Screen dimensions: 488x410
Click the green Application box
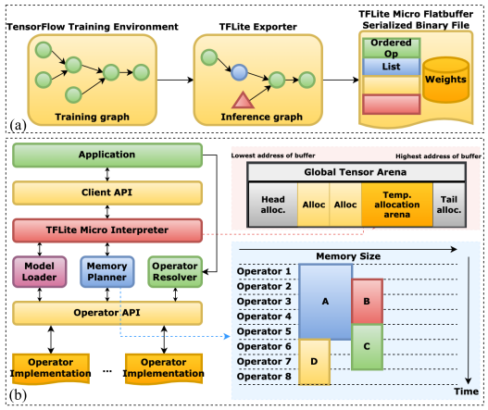107,155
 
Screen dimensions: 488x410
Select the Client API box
107,193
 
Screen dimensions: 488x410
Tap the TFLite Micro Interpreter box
107,230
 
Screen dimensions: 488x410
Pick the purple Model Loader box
40,271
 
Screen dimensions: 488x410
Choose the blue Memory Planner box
107,271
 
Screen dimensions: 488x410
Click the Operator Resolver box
175,271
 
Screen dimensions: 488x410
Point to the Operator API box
107,313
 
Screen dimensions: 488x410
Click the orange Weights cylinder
445,80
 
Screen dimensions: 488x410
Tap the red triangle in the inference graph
243,101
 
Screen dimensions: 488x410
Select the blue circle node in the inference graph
239,72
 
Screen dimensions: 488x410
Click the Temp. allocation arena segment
397,205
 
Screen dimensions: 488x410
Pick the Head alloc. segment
273,205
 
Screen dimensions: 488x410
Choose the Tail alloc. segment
449,205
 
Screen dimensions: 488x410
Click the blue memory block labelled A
325,302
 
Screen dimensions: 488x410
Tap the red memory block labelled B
367,301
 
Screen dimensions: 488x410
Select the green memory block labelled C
367,346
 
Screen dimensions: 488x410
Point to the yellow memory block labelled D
314,362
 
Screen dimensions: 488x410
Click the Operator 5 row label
264,331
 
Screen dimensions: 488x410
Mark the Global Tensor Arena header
357,172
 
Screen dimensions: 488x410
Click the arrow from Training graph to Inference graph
175,80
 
